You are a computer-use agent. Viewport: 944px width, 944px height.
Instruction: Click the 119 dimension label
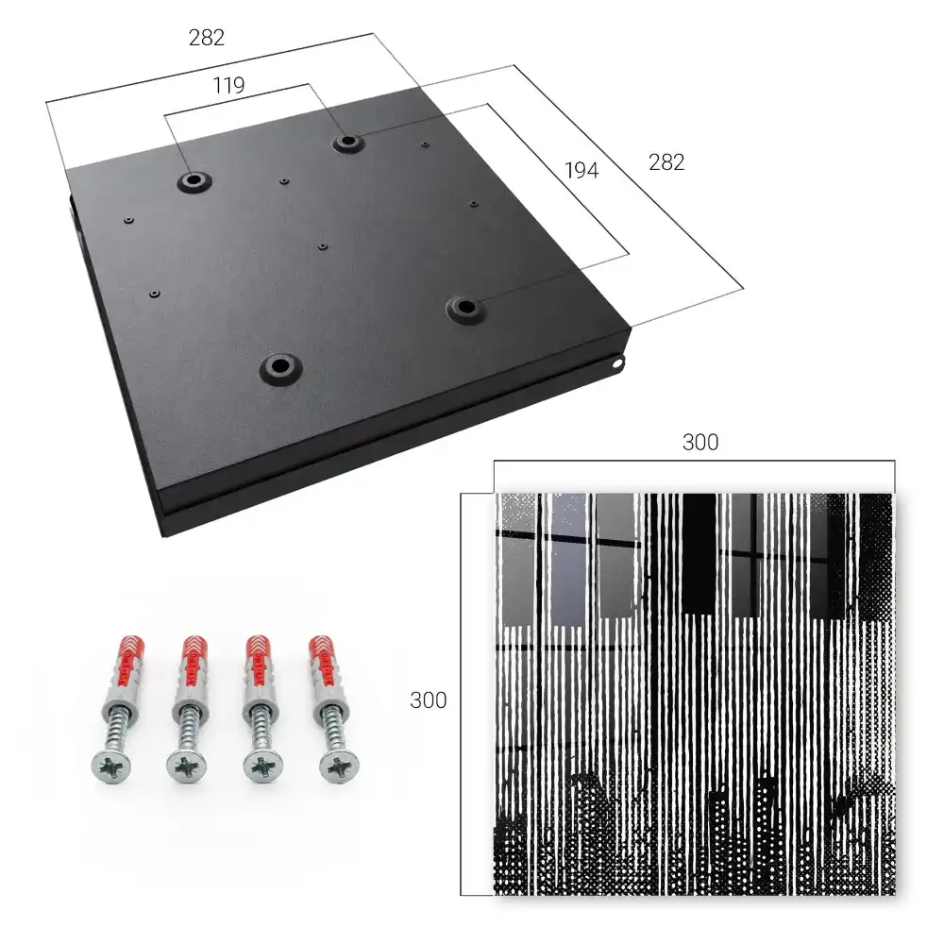click(x=228, y=86)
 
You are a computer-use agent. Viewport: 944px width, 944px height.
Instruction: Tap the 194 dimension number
click(x=582, y=171)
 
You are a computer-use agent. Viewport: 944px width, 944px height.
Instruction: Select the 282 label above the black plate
click(x=207, y=38)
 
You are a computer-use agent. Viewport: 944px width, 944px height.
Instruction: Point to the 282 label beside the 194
click(x=666, y=162)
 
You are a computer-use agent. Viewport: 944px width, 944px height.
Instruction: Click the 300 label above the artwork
click(x=700, y=443)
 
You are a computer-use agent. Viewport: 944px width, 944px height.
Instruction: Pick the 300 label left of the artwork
click(x=428, y=700)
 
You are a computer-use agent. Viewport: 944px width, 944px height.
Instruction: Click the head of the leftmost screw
click(x=111, y=767)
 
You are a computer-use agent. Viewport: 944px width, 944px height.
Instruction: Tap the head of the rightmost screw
click(x=340, y=767)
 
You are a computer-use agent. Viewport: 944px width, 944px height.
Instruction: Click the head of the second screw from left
click(x=186, y=767)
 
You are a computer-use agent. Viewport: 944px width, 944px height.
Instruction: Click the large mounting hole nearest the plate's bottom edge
click(x=280, y=366)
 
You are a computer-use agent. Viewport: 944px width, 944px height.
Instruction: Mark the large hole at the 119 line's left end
click(x=194, y=180)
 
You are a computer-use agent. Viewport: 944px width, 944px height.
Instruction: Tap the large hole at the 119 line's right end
click(x=347, y=143)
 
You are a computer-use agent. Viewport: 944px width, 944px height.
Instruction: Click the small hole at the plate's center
click(x=323, y=246)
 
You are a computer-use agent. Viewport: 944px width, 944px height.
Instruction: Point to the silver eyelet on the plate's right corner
click(x=617, y=362)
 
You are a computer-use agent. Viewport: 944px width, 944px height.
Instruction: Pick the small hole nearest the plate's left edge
click(x=128, y=220)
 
